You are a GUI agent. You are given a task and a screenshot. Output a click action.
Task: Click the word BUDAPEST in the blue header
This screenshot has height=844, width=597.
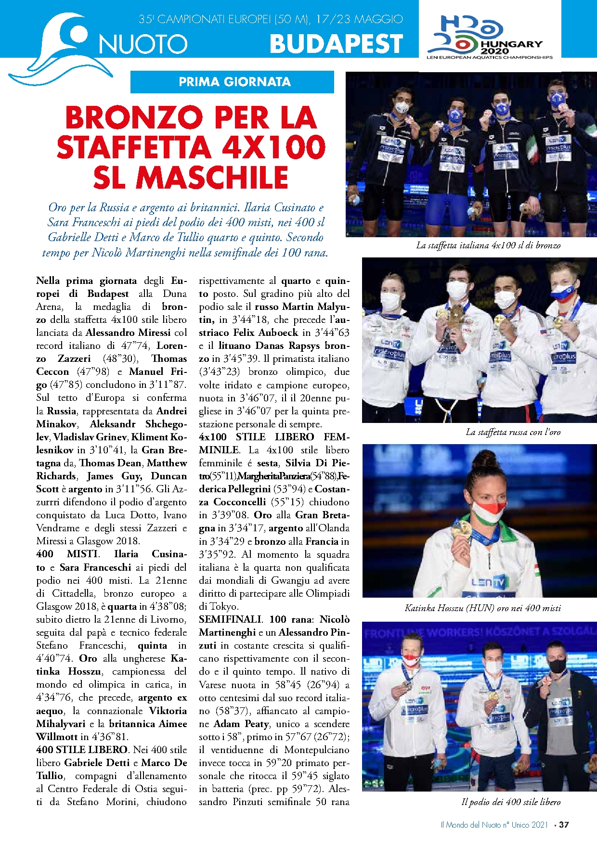tap(336, 44)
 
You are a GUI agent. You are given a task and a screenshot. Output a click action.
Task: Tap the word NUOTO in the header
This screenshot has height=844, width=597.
tap(143, 45)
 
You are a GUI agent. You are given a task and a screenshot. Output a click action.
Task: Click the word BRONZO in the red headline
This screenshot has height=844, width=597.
tap(134, 118)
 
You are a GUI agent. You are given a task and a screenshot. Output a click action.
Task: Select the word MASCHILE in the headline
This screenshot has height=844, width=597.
tap(212, 178)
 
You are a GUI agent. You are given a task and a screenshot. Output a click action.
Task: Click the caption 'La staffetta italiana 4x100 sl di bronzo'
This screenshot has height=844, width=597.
tap(488, 245)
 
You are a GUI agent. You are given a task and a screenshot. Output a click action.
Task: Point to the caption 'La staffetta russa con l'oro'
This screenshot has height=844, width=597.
tap(513, 432)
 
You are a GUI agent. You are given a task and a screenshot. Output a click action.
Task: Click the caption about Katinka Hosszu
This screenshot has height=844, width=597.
tap(482, 608)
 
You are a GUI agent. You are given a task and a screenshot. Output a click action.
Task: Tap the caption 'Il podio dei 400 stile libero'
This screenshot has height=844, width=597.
tap(511, 802)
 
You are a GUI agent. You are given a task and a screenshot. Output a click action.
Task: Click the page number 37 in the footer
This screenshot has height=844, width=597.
tap(564, 825)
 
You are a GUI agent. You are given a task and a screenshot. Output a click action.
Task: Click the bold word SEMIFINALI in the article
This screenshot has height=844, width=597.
tap(231, 619)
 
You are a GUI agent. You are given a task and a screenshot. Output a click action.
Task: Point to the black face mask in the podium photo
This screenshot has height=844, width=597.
tap(557, 665)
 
